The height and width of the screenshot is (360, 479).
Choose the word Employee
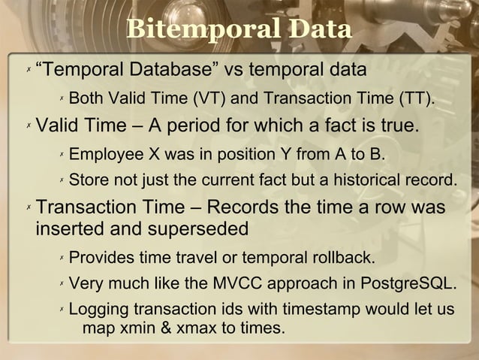pyautogui.click(x=105, y=155)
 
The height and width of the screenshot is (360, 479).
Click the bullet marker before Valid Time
pyautogui.click(x=28, y=126)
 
